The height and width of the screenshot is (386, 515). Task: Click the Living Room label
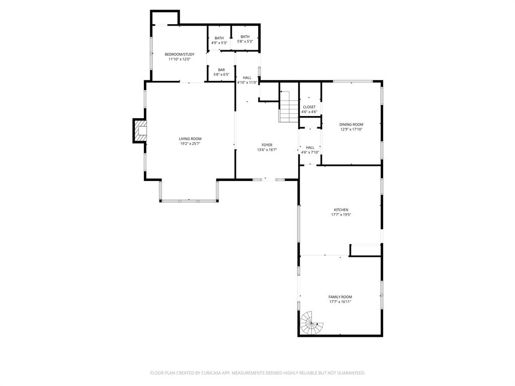(x=190, y=139)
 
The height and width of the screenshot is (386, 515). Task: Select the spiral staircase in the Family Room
(x=311, y=323)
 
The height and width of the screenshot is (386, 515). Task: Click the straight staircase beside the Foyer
(x=289, y=107)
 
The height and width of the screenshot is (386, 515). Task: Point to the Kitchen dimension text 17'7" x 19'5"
(x=341, y=215)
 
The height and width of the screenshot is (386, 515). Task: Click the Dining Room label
(x=351, y=124)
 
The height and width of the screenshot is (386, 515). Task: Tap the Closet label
(x=309, y=107)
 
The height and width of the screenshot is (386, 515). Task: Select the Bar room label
(x=221, y=70)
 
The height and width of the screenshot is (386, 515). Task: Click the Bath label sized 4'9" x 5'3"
(x=219, y=38)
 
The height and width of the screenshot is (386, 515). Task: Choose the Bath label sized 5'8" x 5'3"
(x=245, y=37)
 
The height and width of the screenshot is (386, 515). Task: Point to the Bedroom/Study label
(x=180, y=54)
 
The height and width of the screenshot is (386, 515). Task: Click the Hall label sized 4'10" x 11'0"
(x=247, y=78)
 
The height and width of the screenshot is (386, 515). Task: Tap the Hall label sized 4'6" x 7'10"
(x=310, y=148)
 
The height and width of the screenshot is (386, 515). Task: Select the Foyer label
(x=267, y=145)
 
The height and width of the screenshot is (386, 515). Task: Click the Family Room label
(x=340, y=297)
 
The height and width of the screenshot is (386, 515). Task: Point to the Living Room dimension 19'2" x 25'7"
(x=190, y=144)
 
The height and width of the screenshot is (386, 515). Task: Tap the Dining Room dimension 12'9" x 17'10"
(x=351, y=129)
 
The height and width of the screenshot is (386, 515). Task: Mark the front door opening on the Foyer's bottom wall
(x=269, y=179)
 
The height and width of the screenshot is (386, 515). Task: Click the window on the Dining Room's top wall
(x=353, y=81)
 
